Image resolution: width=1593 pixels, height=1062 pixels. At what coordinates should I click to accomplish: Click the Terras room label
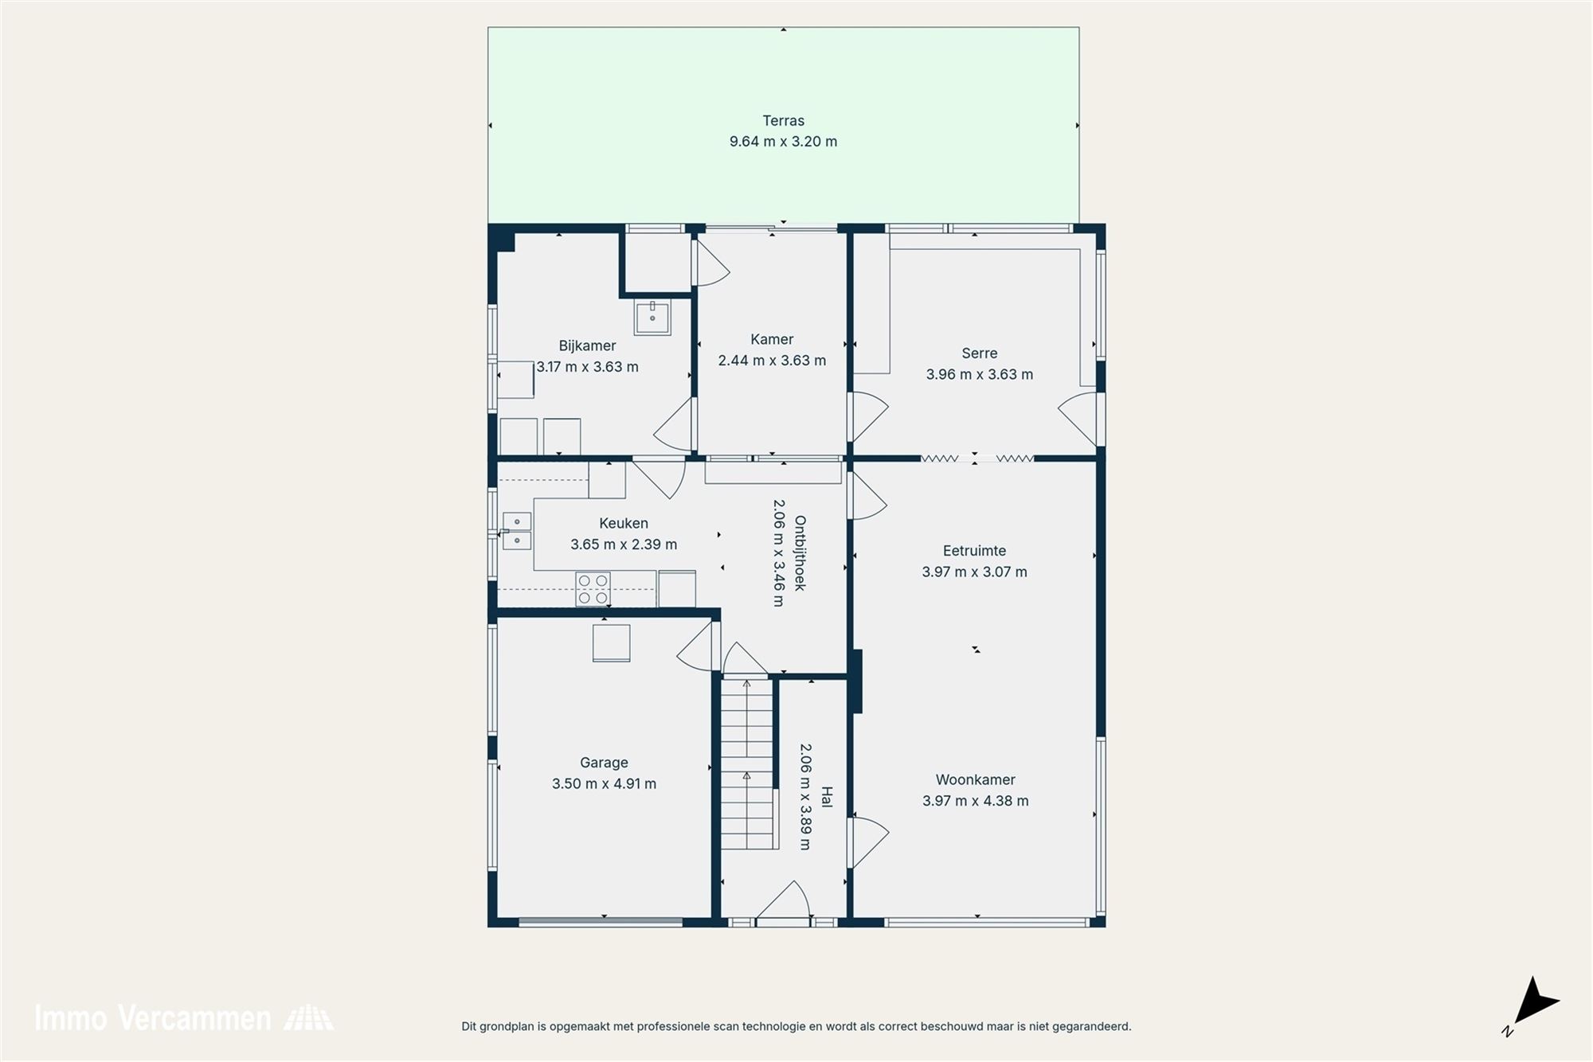(783, 121)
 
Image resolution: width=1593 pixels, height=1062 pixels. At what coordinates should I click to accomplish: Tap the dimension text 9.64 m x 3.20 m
(783, 142)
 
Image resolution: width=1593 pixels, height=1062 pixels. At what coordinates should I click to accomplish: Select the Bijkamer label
(587, 346)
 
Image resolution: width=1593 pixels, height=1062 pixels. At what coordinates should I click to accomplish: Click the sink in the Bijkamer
(652, 317)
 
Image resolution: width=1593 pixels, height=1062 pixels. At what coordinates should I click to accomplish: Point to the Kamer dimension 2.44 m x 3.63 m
(772, 361)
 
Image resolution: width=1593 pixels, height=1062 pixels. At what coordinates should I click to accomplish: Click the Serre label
(979, 353)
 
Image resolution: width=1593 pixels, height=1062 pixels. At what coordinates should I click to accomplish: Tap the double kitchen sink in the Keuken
(517, 531)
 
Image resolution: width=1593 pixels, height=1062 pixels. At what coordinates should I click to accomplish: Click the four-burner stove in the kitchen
(593, 589)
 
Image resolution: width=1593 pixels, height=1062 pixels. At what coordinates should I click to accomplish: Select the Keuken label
(623, 523)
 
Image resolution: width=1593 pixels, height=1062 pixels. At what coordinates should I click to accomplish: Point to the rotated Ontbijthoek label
(800, 553)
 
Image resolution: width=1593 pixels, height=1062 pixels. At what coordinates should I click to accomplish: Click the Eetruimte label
(974, 551)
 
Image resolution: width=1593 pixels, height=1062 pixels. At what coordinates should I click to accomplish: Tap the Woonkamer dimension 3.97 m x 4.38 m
(975, 801)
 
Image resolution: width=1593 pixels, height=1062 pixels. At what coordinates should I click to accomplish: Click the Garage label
(604, 763)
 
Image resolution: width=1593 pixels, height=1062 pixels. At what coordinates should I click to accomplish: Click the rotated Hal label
(826, 797)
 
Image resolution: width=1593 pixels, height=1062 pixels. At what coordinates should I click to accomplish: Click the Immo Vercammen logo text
(152, 1018)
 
